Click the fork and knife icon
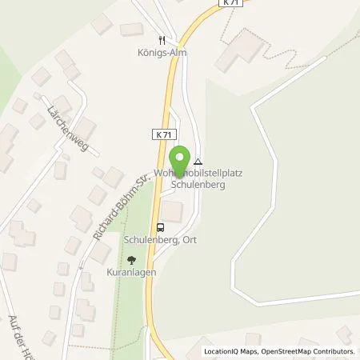[x=161, y=39]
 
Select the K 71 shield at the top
[x=230, y=4]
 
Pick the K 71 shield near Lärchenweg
[x=160, y=135]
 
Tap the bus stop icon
[x=161, y=226]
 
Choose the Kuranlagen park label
[x=132, y=272]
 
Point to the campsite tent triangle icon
[x=198, y=162]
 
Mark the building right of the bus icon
[x=173, y=212]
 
